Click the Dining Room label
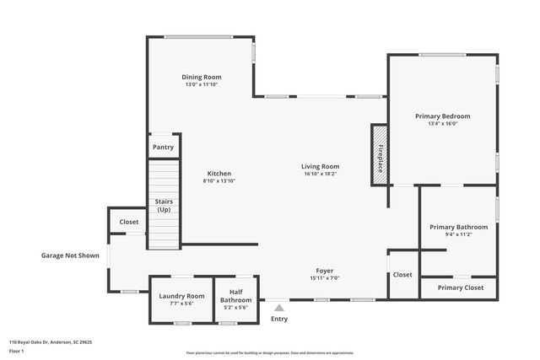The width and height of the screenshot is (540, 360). pyautogui.click(x=202, y=77)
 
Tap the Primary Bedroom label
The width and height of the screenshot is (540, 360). pyautogui.click(x=442, y=116)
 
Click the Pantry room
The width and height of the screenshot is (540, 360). pyautogui.click(x=163, y=147)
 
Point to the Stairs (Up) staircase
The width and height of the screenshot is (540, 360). pyautogui.click(x=164, y=206)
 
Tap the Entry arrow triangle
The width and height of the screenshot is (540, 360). pyautogui.click(x=279, y=308)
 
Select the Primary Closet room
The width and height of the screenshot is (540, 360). pyautogui.click(x=461, y=287)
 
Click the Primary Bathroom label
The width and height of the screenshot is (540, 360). pyautogui.click(x=458, y=227)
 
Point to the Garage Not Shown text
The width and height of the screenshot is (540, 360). pyautogui.click(x=70, y=255)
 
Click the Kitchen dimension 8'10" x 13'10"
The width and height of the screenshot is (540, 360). pyautogui.click(x=219, y=180)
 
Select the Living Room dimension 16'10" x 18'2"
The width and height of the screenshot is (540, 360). pyautogui.click(x=320, y=174)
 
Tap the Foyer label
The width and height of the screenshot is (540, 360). pyautogui.click(x=324, y=271)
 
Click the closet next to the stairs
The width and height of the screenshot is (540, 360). pyautogui.click(x=128, y=222)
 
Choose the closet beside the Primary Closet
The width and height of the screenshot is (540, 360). pyautogui.click(x=402, y=274)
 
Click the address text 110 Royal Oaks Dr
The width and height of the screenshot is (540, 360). pyautogui.click(x=50, y=342)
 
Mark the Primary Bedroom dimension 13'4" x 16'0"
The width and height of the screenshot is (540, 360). pyautogui.click(x=442, y=124)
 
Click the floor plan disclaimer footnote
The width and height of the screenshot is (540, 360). pyautogui.click(x=269, y=352)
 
